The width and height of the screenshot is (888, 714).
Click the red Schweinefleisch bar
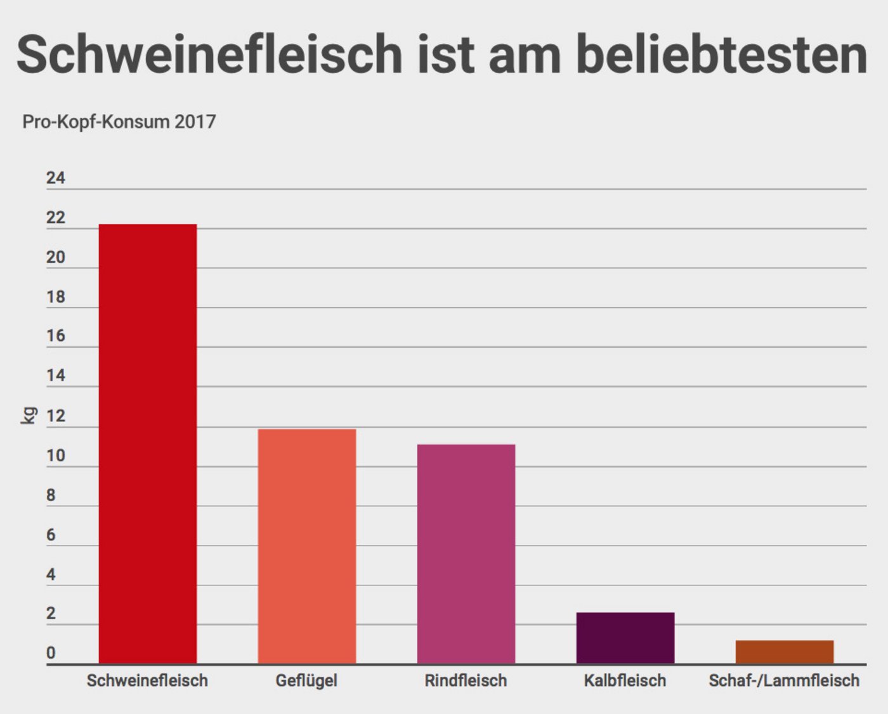[x=148, y=443]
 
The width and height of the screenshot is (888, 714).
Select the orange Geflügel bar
[x=306, y=546]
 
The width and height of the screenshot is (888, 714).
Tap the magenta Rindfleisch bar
[x=466, y=554]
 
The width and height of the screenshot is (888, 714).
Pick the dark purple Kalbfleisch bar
[x=625, y=637]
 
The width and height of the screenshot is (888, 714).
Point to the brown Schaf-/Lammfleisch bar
[x=785, y=651]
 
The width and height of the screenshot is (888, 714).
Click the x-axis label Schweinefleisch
[x=147, y=680]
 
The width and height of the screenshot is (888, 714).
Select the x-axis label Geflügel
[x=306, y=680]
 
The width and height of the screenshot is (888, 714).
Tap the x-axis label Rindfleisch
[x=466, y=680]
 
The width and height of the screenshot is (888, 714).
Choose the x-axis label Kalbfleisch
[x=625, y=680]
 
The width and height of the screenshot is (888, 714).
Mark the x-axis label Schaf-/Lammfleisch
[x=784, y=680]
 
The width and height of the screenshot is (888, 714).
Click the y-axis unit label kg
[x=29, y=416]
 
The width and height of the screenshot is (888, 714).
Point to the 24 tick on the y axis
[x=56, y=178]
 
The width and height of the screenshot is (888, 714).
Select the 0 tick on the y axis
[x=51, y=653]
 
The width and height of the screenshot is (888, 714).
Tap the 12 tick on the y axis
[x=56, y=416]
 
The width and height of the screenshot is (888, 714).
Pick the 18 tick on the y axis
[x=56, y=297]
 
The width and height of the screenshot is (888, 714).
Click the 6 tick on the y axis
[x=51, y=535]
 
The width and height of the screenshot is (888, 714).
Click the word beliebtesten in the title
[x=721, y=54]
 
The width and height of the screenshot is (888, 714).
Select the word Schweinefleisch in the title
[x=209, y=54]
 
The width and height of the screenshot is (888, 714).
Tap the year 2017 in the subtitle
[x=195, y=122]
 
